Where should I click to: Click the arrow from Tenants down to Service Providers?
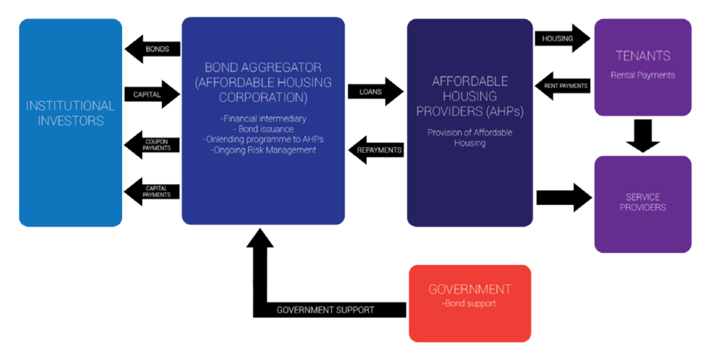point(643,136)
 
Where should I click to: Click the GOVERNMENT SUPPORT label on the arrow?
point(325,310)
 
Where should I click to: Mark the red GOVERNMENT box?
point(470,303)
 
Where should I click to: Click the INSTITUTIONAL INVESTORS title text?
point(71,113)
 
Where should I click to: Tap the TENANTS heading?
point(643,56)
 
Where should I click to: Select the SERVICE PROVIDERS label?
point(643,202)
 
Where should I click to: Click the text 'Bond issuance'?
point(263,129)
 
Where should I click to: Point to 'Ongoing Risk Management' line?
point(263,150)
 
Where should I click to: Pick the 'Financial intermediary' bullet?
point(263,119)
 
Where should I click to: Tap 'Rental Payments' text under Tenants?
point(643,75)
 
